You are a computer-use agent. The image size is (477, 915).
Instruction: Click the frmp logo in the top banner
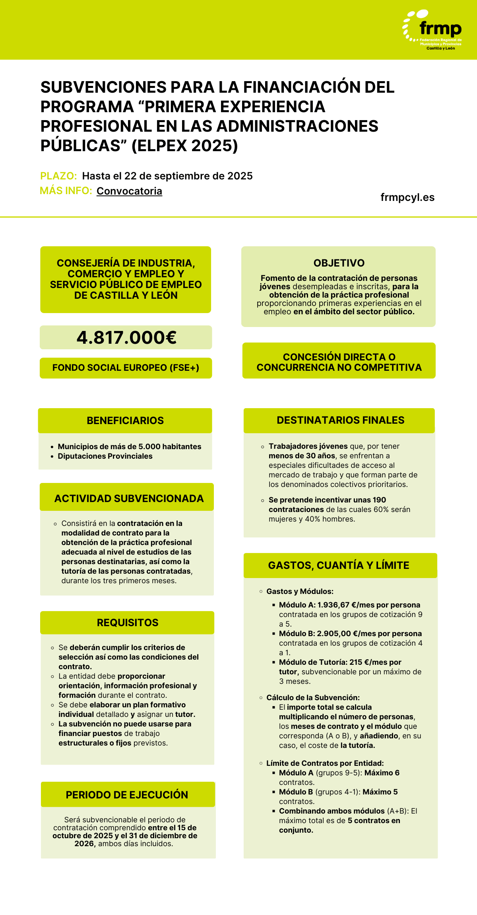tap(433, 30)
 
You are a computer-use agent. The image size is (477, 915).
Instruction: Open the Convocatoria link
tap(129, 191)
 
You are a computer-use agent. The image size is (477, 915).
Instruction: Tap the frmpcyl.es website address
tap(407, 197)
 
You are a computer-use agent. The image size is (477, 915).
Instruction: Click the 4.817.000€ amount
tap(126, 338)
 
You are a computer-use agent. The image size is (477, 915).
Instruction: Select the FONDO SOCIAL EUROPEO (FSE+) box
tap(126, 368)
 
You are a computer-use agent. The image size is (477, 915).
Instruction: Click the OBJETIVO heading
tap(339, 263)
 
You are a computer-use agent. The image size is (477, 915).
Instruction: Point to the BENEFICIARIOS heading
tap(125, 421)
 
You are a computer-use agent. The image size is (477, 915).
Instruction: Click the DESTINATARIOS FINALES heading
tap(340, 420)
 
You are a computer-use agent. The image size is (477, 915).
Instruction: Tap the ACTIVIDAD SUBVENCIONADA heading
tap(129, 498)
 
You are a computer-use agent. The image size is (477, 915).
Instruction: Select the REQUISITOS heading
tap(128, 623)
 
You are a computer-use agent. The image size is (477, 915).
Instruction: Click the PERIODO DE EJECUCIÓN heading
tap(127, 795)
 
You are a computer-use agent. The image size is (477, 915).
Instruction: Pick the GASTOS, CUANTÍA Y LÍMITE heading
tap(339, 565)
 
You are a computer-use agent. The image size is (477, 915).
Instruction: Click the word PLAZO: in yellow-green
tap(58, 176)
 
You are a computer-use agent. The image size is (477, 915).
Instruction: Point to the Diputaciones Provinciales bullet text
tap(105, 456)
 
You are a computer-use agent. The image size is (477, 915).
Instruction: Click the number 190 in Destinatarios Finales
tap(379, 500)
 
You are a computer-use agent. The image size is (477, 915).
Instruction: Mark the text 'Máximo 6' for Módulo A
tap(382, 773)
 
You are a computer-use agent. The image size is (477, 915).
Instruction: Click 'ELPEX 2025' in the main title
tap(184, 146)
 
